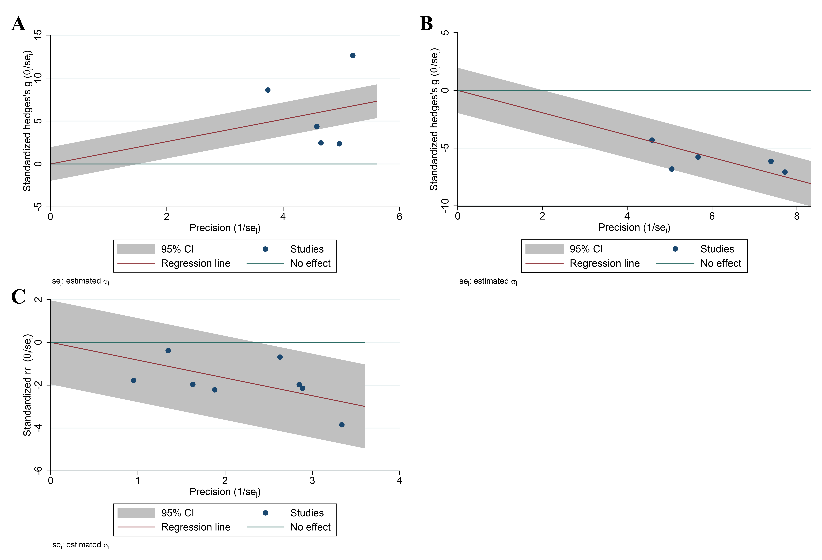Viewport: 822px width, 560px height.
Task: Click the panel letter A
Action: click(18, 24)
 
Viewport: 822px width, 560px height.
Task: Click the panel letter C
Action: click(18, 297)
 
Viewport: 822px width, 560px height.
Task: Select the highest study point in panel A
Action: click(353, 56)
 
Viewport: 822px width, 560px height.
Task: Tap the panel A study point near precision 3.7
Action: click(268, 90)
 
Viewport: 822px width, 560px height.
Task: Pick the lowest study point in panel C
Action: click(342, 425)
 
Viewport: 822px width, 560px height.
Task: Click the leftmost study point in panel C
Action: click(134, 381)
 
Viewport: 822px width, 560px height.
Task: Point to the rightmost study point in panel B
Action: click(785, 172)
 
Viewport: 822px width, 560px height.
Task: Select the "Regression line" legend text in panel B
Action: click(604, 263)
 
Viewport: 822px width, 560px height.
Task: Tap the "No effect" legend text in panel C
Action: click(310, 527)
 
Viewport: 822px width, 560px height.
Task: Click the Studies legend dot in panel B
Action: click(675, 249)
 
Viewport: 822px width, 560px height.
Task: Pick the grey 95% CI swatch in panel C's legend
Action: click(136, 513)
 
